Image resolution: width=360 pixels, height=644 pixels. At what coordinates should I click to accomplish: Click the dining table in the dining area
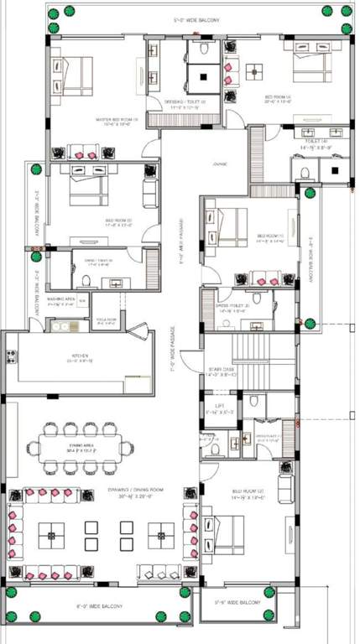80,447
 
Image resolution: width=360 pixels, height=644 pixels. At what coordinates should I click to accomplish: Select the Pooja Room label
107,321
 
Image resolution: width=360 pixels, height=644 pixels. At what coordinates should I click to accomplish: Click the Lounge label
221,164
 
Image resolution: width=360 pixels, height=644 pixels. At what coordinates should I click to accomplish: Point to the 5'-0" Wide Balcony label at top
195,19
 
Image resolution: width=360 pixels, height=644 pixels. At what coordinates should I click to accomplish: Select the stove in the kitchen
11,356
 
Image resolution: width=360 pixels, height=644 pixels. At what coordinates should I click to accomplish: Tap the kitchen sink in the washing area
64,326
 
